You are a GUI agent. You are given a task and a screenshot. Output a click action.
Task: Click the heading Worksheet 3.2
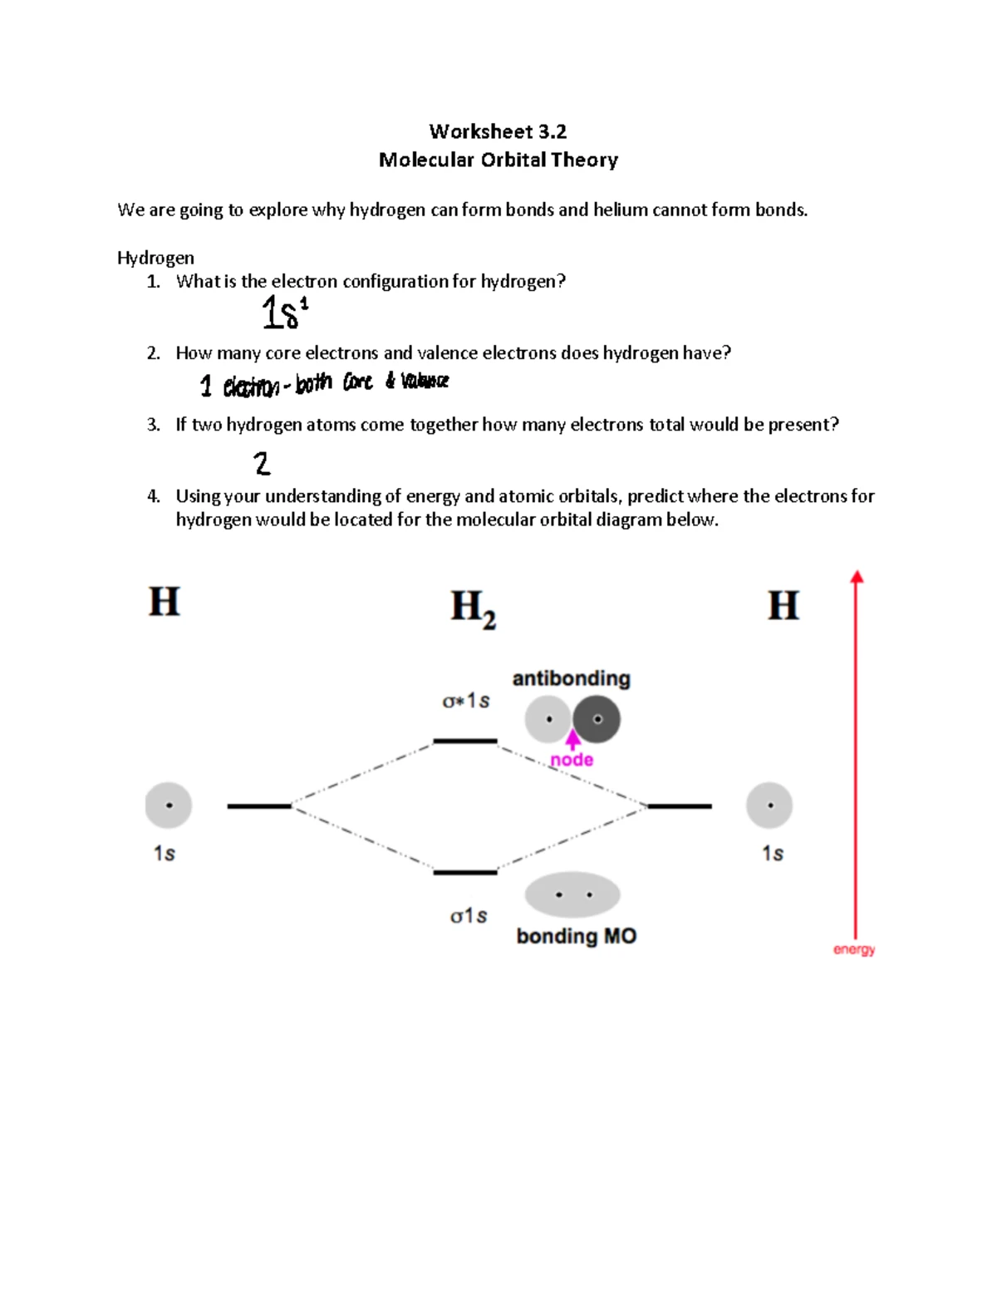click(x=498, y=131)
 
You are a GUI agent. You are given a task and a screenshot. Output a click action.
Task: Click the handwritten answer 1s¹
click(x=284, y=313)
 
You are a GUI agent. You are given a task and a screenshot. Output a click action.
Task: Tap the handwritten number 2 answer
click(x=262, y=463)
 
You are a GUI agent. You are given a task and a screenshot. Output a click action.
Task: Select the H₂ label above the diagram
click(x=473, y=608)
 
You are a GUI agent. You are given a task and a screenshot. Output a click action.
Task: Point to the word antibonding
click(x=571, y=678)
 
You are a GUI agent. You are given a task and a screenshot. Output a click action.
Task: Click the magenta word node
click(x=572, y=760)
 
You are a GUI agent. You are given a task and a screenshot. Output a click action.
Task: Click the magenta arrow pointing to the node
click(x=572, y=739)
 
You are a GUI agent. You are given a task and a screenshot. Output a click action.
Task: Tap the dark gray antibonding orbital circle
click(x=597, y=719)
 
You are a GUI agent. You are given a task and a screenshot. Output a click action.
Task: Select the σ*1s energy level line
click(x=465, y=741)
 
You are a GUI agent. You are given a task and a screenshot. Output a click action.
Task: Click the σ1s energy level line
click(x=465, y=872)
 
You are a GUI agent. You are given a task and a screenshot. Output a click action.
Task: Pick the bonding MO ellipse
click(x=572, y=895)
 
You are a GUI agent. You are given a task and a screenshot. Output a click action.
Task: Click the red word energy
click(x=854, y=949)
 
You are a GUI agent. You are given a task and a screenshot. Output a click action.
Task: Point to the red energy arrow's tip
click(x=857, y=576)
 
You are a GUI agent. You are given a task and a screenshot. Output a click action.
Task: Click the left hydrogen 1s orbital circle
click(x=169, y=806)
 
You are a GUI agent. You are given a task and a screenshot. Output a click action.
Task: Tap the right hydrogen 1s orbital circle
click(x=769, y=806)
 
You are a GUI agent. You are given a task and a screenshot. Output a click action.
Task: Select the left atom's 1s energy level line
click(x=259, y=806)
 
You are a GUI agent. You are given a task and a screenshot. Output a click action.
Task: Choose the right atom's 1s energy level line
click(x=680, y=806)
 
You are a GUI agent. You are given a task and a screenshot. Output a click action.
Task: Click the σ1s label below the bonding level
click(x=469, y=916)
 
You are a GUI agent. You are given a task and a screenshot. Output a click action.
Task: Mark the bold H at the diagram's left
click(x=164, y=601)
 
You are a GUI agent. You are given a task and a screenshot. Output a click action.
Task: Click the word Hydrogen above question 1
click(x=155, y=258)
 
